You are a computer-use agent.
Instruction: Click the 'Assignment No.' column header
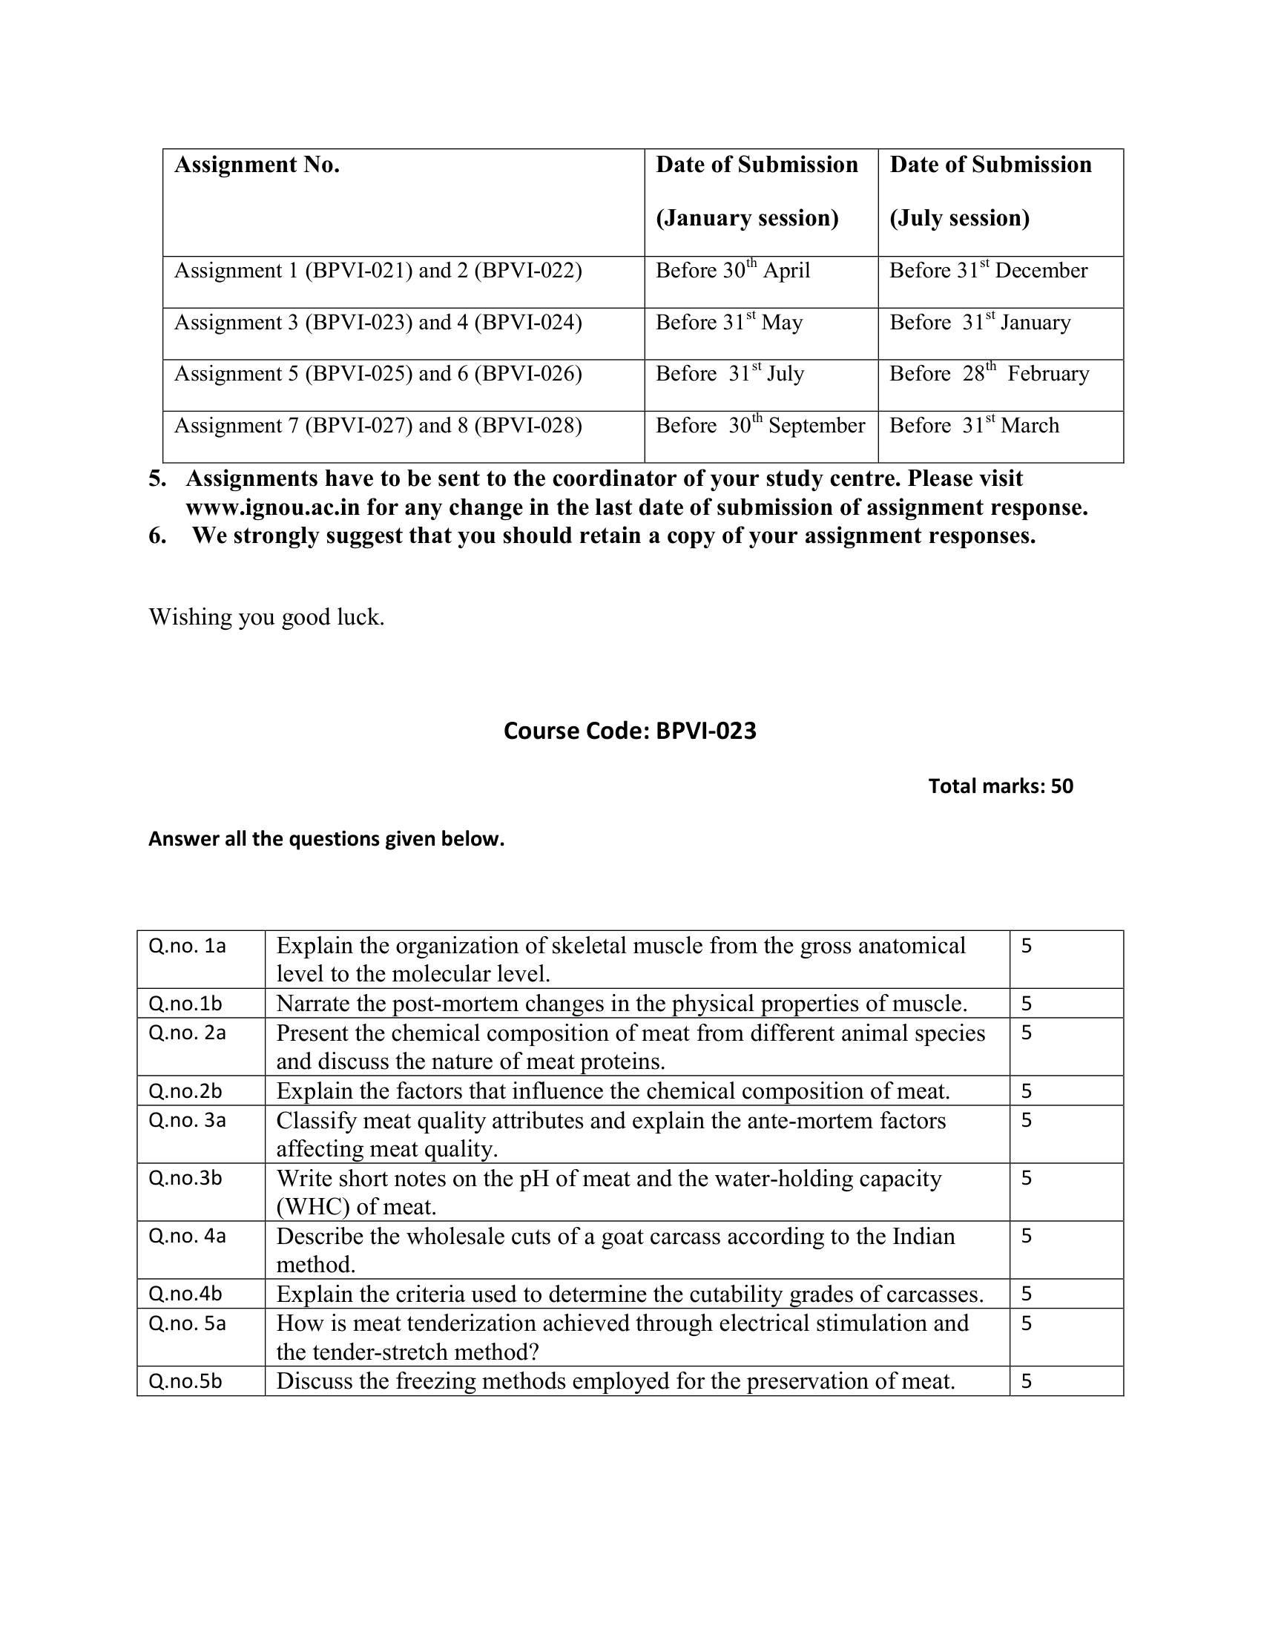click(x=257, y=165)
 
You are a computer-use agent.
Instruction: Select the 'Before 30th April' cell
click(x=732, y=271)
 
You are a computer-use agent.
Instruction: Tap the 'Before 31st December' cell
click(x=987, y=271)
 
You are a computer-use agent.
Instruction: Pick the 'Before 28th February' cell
click(x=988, y=374)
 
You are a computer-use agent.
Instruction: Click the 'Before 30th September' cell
click(x=760, y=426)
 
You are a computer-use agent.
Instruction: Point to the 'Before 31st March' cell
click(x=973, y=426)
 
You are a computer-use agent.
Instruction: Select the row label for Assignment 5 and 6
click(x=378, y=374)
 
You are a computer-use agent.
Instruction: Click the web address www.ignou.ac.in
click(x=273, y=508)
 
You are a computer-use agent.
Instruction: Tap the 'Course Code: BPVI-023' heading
click(x=630, y=731)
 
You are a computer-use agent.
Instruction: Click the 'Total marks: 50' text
click(x=1001, y=786)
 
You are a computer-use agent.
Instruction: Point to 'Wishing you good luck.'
click(x=266, y=617)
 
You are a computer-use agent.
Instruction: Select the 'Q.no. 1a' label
click(x=187, y=946)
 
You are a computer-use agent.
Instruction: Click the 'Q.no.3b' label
click(x=185, y=1179)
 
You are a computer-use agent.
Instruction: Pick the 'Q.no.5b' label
click(x=185, y=1381)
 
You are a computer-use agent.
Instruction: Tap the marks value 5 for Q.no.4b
click(x=1027, y=1294)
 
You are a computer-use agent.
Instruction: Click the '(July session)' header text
click(x=959, y=218)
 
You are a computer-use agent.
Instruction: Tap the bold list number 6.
click(x=157, y=536)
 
